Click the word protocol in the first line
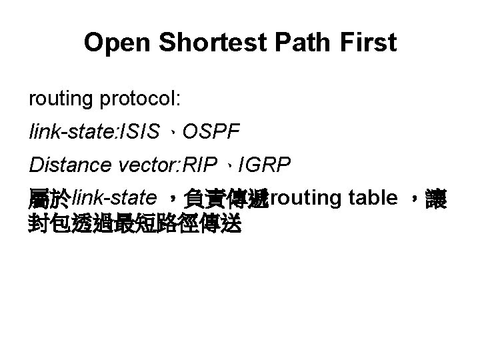coord(141,100)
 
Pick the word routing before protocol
coord(61,100)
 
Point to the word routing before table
coord(303,197)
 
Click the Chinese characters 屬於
coord(49,198)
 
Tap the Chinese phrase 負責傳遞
coord(227,198)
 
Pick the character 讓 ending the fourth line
coord(437,198)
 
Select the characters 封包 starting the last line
coord(49,224)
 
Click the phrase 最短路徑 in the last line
coord(156,224)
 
